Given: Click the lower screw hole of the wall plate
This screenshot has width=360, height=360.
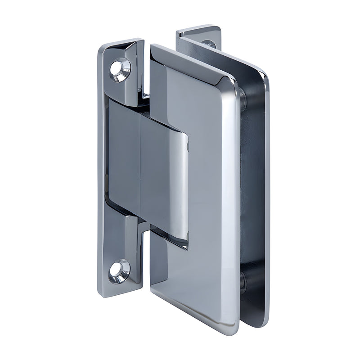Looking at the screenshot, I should point(119,271).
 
